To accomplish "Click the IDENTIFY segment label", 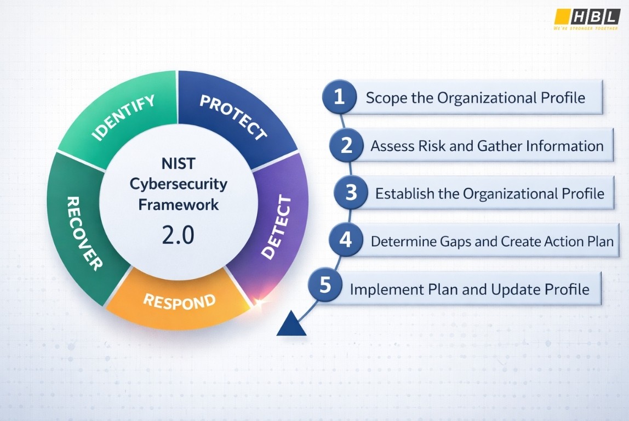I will tap(123, 117).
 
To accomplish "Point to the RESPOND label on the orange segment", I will tap(179, 301).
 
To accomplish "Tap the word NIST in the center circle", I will tap(178, 164).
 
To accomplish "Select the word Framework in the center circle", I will tap(178, 204).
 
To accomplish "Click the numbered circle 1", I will tap(339, 97).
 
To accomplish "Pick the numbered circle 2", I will tap(346, 145).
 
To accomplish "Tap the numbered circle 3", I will tap(351, 193).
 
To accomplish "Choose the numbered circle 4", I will tap(345, 240).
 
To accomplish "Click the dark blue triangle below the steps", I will tap(291, 325).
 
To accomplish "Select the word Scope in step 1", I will tap(386, 98).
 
